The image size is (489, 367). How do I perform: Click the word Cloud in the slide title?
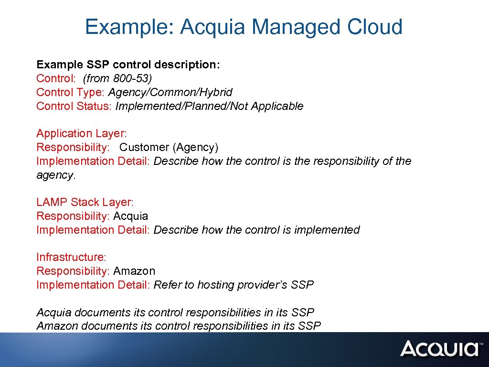point(375,27)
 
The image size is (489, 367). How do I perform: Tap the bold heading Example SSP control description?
point(128,65)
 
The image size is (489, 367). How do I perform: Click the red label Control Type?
point(71,92)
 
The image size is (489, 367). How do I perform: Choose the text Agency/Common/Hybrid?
point(170,92)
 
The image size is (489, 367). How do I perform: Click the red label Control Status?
point(74,106)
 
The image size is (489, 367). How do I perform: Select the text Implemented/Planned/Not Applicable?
point(209,106)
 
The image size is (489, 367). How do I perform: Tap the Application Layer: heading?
point(82,133)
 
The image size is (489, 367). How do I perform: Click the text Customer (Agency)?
point(169,147)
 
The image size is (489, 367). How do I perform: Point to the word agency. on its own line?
point(56,175)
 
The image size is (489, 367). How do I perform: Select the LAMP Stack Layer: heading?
point(85,202)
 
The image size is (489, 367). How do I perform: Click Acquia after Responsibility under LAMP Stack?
point(130,216)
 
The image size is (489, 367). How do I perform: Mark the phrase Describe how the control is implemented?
point(256,230)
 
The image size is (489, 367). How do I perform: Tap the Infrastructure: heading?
point(71,257)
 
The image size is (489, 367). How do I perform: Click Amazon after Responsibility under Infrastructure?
point(134,271)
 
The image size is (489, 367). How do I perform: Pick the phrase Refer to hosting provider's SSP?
point(234,285)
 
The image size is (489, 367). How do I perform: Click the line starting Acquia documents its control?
point(175,313)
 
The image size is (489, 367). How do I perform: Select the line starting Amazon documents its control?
point(179,326)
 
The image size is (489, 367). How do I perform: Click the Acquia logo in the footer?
point(439,348)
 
